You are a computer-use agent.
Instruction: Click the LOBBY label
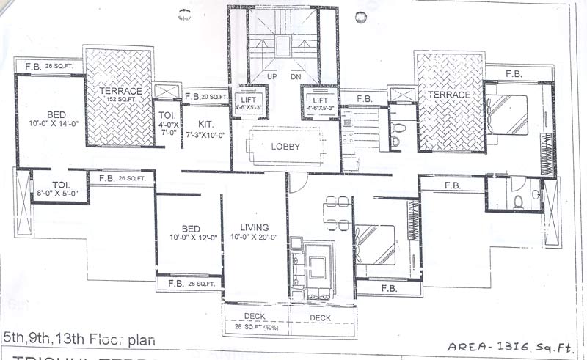point(286,146)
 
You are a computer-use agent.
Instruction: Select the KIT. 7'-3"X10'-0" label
point(205,131)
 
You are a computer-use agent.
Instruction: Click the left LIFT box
point(248,104)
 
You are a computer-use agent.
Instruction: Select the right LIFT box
point(320,104)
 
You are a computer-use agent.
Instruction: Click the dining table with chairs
point(338,212)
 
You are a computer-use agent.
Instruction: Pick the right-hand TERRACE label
point(450,95)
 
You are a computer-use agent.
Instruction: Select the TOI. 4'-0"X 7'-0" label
point(167,125)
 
